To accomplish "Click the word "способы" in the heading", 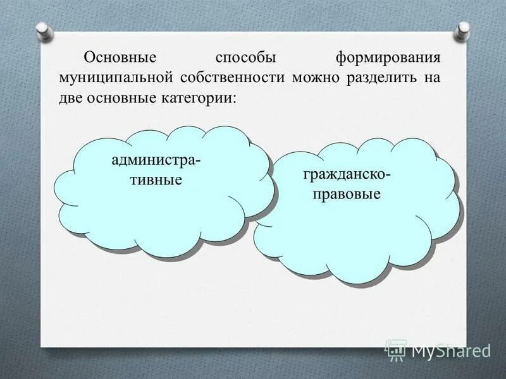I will point(245,58).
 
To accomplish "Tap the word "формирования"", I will point(388,58).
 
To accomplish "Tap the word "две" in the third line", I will point(71,99).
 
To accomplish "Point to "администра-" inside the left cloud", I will point(157,160).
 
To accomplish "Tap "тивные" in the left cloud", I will point(157,179).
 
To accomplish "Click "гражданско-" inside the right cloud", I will point(347,174).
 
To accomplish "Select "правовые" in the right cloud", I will point(347,193).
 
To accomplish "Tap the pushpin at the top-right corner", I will point(463,30).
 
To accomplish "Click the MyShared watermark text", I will point(451,349).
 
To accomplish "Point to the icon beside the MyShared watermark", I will point(397,349).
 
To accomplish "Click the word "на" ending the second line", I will point(433,78).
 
